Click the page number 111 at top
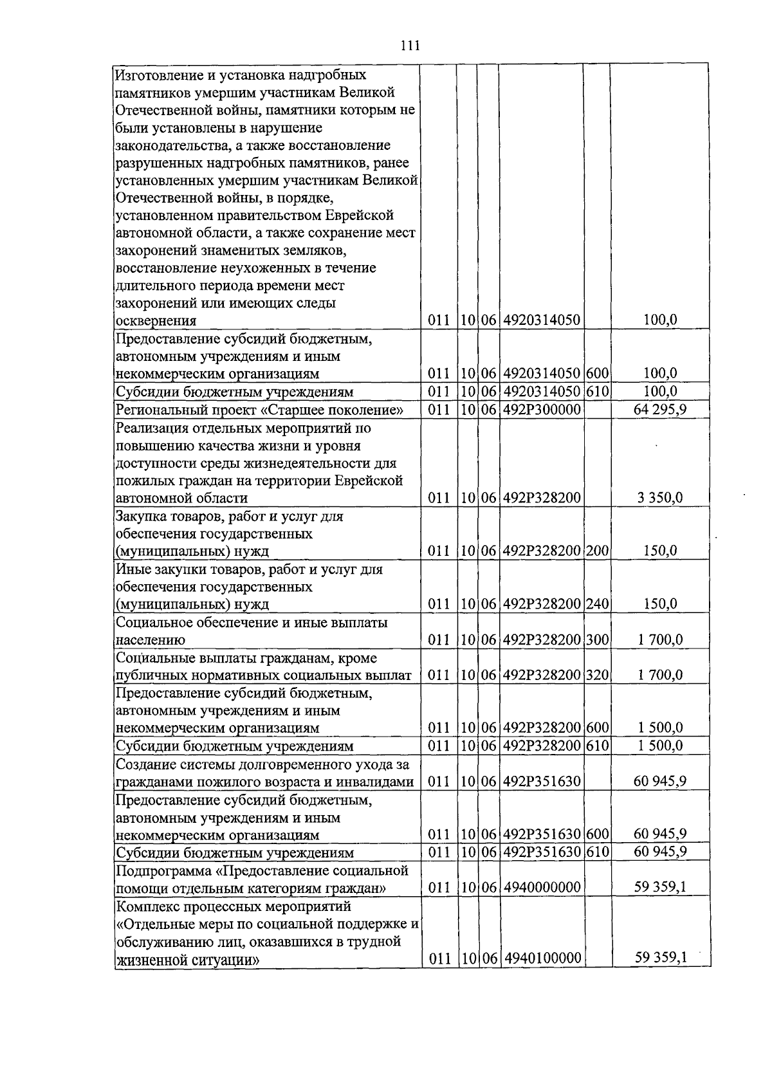pos(409,46)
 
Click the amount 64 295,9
pos(659,409)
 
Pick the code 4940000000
pos(542,888)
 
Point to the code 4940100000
pos(542,959)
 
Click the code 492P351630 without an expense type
pos(542,782)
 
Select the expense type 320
pos(597,675)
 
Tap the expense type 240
pos(597,604)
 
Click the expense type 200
pos(597,551)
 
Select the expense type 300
pos(597,639)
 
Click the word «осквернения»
pos(156,320)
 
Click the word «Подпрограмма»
pos(158,871)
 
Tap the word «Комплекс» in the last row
pos(146,906)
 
